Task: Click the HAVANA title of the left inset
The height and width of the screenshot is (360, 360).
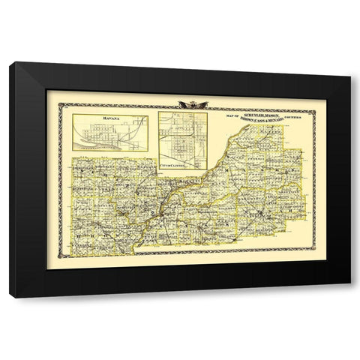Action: tap(99, 118)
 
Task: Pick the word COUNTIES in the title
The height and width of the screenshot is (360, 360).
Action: tap(295, 118)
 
